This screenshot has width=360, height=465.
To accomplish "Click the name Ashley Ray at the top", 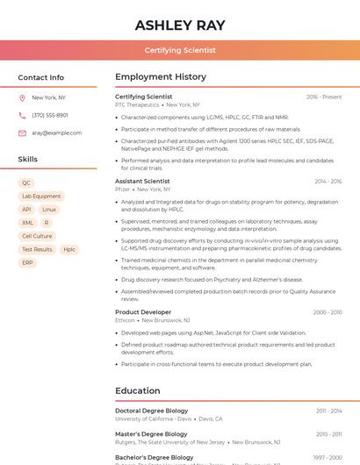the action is coord(180,25).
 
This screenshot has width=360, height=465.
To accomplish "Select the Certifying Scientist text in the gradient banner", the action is coord(180,50).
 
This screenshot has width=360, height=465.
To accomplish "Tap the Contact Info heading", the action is coord(40,77).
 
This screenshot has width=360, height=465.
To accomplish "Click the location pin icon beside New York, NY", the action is coord(22,98).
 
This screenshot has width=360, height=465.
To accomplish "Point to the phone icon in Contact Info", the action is coord(22,115).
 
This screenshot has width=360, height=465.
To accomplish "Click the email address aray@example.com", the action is coord(51,132).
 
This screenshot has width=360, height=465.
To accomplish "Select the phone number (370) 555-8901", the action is coord(50,115).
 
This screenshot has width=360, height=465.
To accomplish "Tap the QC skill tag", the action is coord(26,183).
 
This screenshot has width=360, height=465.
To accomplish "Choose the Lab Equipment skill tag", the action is coord(41,197).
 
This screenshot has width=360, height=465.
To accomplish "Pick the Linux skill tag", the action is coord(49,210).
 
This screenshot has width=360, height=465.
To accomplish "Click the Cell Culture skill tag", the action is coord(37,236).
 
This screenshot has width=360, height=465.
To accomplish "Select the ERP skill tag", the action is coord(27,262).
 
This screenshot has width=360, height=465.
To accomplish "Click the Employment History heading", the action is coord(161,77).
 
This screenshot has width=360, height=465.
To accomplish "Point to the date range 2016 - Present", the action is coord(324,97).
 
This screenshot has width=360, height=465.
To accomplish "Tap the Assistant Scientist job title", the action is coord(142,181).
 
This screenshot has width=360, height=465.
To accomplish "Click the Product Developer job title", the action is coord(143,312).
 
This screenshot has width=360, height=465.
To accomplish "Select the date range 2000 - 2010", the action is coord(327,312).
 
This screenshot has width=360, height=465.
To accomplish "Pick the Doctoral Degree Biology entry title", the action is coord(151,411).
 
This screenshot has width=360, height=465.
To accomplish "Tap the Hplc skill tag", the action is coord(69,249).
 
